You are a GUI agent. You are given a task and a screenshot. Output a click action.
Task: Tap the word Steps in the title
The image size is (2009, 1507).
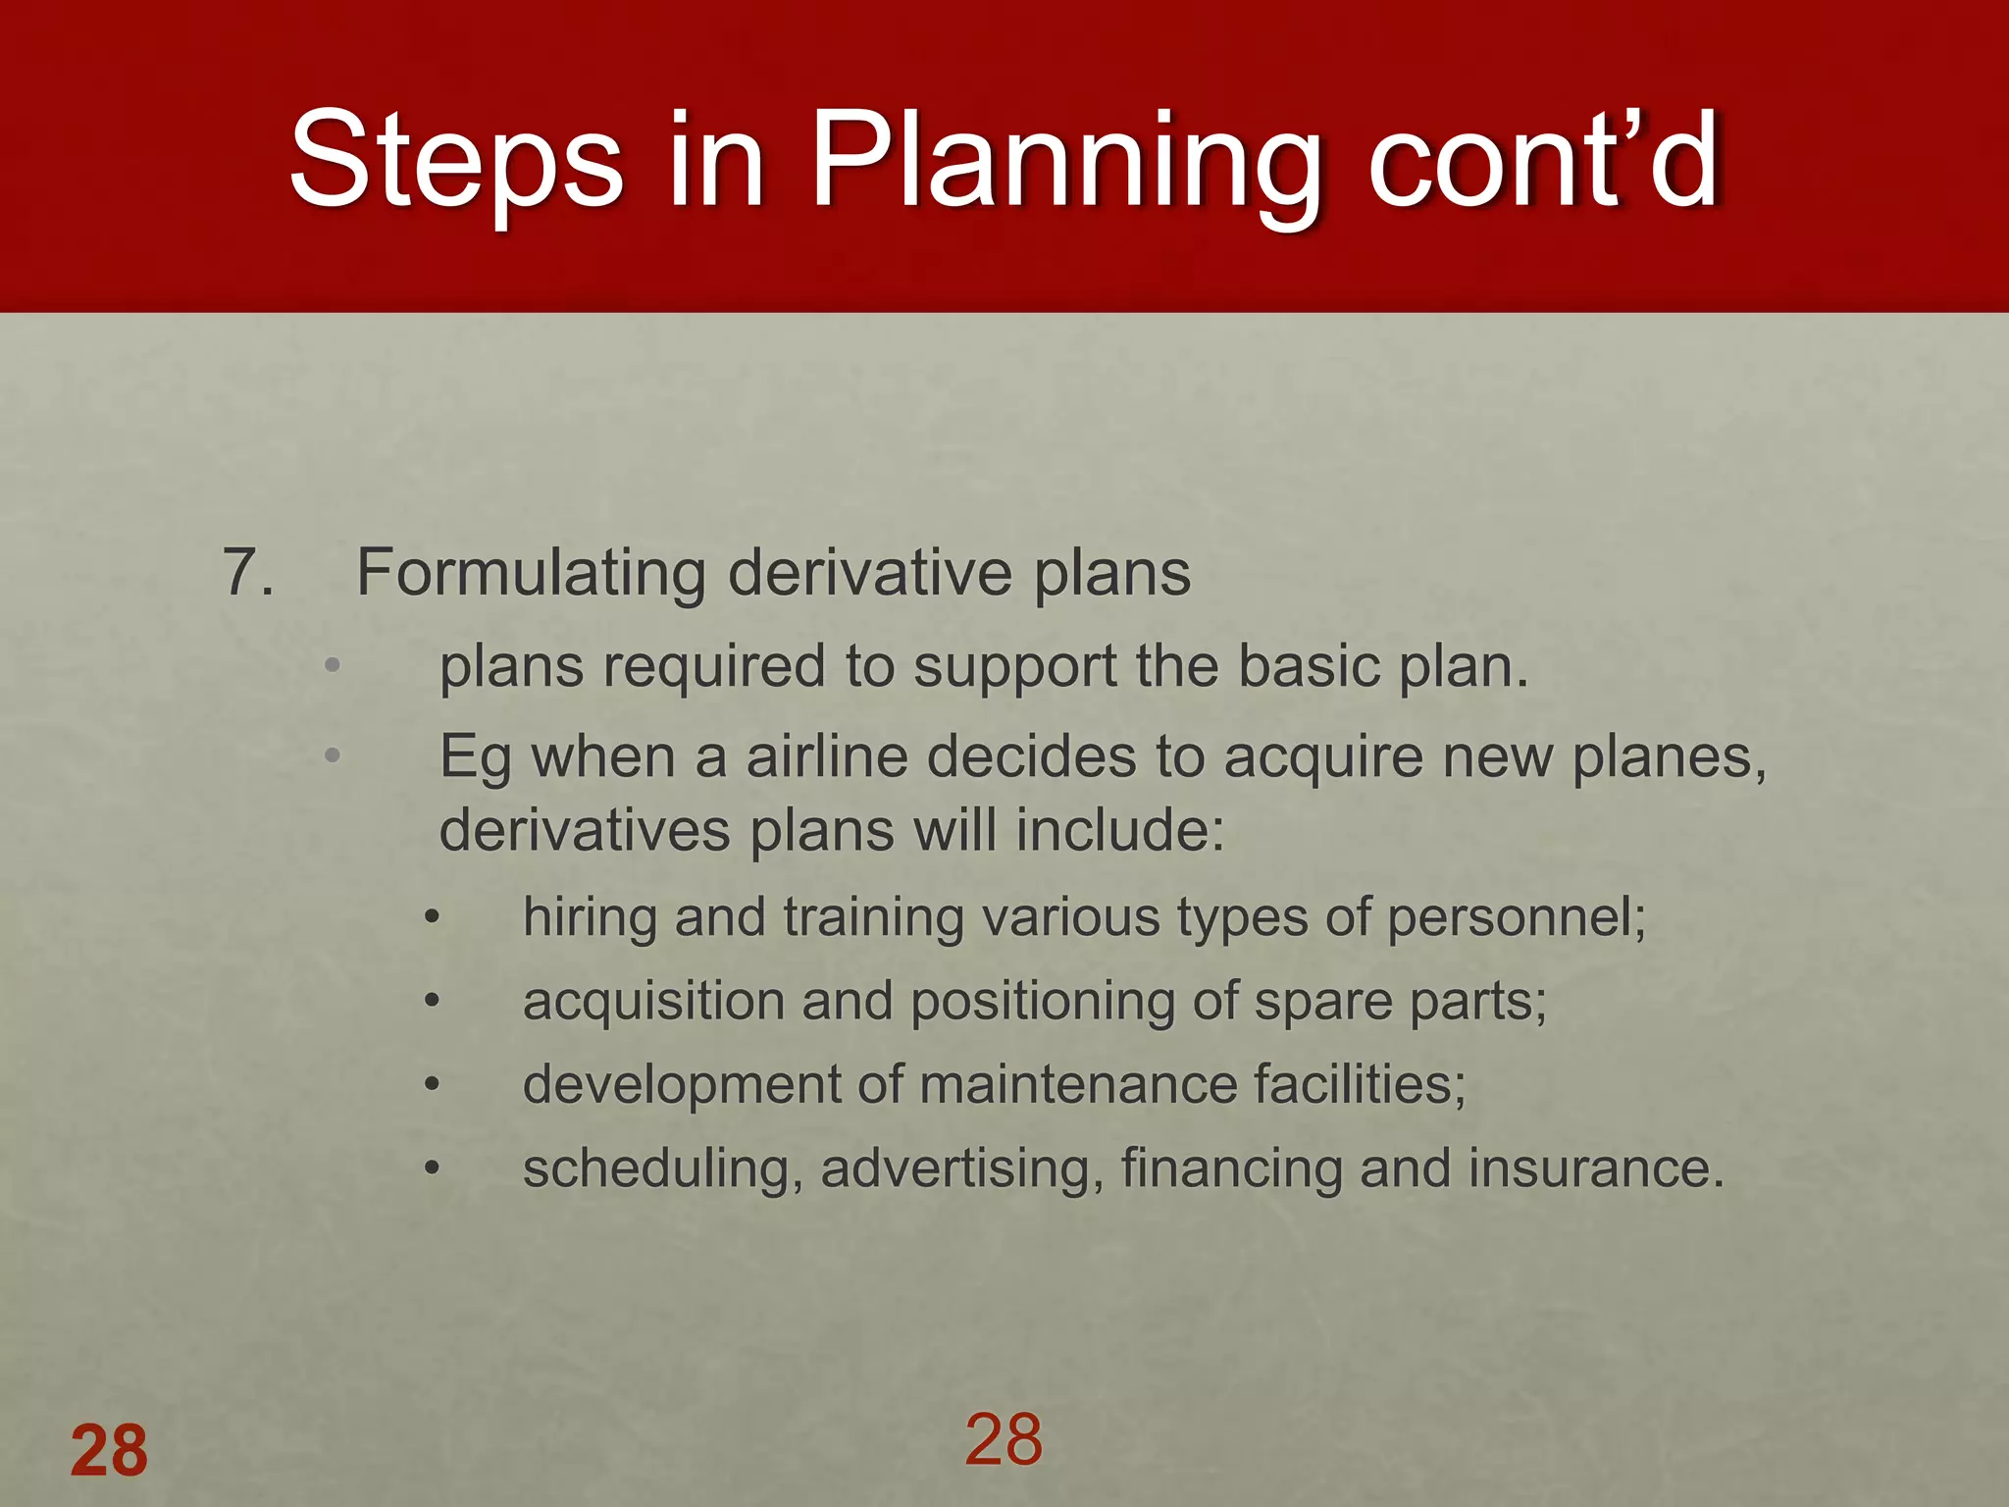(x=456, y=162)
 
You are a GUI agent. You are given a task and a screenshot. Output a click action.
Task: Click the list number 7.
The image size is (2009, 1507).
(x=247, y=572)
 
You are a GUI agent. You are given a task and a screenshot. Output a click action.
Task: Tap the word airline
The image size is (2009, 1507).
(x=826, y=757)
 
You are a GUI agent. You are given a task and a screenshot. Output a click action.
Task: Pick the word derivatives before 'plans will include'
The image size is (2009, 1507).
(x=585, y=831)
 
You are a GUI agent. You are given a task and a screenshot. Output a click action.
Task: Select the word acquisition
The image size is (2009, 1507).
(x=653, y=1003)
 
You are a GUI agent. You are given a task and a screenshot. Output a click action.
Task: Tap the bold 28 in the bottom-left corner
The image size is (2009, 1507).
(x=109, y=1451)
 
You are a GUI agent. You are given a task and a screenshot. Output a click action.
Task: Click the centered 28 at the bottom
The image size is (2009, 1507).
(x=1004, y=1439)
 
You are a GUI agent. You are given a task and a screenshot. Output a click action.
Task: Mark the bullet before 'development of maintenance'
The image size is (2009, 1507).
(x=433, y=1086)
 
